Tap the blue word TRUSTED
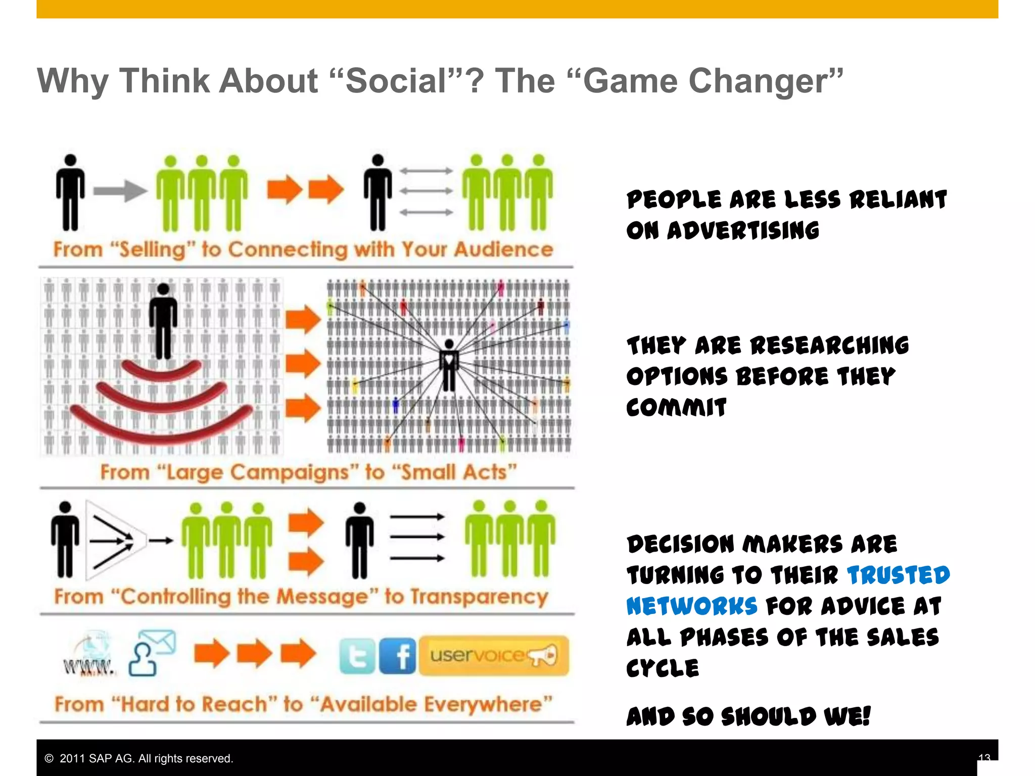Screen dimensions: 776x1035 898,575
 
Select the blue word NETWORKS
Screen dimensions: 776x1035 691,606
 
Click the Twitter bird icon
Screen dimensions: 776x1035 357,656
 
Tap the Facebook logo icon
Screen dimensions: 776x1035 398,656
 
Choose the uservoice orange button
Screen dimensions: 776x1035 494,656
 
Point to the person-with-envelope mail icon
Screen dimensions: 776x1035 152,653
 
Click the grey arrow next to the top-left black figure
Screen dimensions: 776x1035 120,190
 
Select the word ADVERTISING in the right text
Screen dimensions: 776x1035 743,231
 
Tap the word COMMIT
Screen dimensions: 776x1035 676,408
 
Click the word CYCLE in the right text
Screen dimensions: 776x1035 663,668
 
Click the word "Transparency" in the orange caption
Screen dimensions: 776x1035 479,597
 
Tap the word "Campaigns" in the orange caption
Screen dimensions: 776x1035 258,472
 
